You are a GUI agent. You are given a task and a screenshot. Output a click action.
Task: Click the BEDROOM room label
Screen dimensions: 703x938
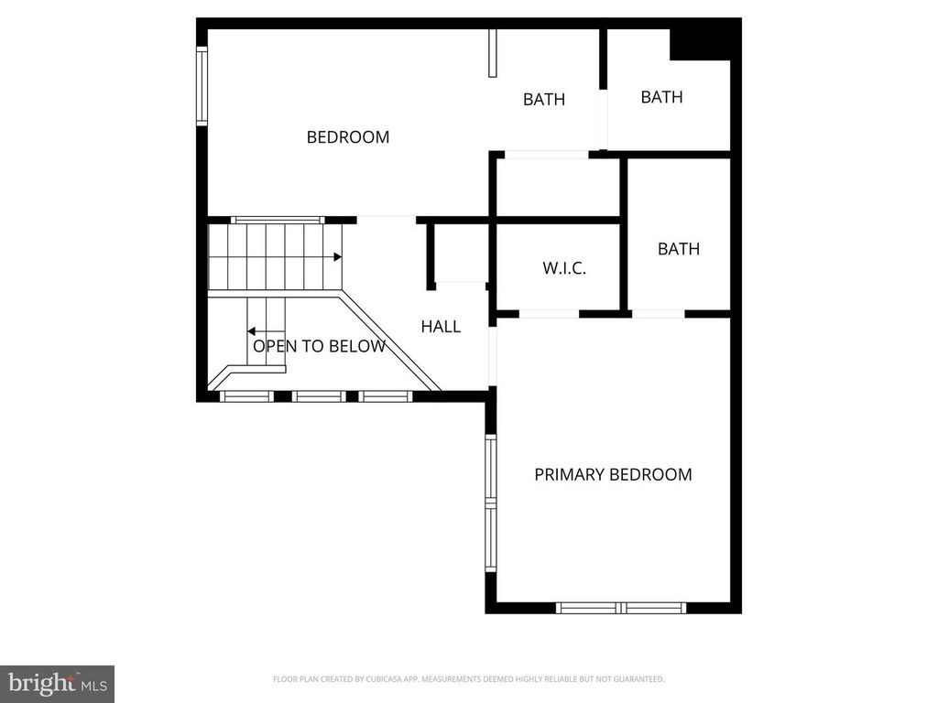click(x=348, y=137)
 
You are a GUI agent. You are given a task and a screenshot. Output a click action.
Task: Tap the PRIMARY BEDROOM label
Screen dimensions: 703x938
click(x=613, y=474)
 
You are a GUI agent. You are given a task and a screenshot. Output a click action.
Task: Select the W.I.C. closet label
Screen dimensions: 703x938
click(x=564, y=269)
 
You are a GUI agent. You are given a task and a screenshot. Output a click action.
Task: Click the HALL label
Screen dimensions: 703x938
click(x=441, y=326)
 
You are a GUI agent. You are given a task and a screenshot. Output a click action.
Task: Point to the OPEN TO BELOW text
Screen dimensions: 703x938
click(x=319, y=346)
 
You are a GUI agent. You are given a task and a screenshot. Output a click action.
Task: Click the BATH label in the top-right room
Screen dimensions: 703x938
click(x=661, y=97)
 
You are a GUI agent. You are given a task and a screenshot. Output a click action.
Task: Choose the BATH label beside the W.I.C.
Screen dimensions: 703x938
click(x=679, y=248)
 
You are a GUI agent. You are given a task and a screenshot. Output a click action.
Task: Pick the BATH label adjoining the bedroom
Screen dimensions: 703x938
click(x=544, y=100)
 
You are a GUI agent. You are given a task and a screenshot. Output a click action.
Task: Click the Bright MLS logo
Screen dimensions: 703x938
click(x=57, y=683)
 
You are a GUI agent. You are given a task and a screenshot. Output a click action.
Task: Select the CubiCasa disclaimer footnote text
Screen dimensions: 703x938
click(x=468, y=679)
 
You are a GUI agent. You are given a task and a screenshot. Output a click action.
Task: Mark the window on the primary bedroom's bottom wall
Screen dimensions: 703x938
click(x=622, y=608)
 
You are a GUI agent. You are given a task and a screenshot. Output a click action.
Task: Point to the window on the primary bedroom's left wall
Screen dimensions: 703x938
click(x=491, y=503)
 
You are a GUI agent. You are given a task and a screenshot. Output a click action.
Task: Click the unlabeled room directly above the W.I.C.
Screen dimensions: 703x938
click(x=558, y=188)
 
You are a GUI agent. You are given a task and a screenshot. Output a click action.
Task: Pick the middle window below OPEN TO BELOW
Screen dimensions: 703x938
click(x=318, y=396)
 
